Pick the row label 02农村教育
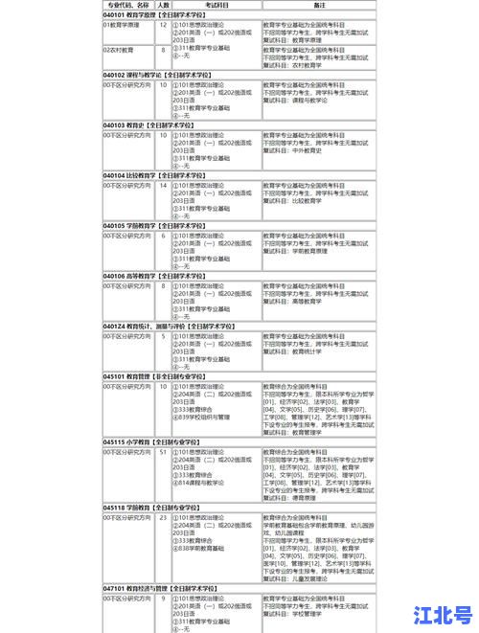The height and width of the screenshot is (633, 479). point(120,50)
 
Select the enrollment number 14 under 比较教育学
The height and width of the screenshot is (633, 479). point(163,186)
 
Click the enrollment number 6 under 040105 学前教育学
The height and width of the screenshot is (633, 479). point(163,236)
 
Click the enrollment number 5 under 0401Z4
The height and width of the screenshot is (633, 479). point(163,336)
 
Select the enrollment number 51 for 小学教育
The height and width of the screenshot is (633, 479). point(163,452)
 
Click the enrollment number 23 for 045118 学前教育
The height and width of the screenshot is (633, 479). point(163,517)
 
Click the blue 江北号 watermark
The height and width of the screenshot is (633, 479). point(443,614)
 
